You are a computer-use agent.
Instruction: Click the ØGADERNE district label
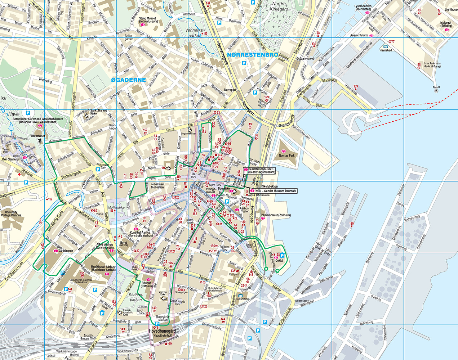click(x=129, y=80)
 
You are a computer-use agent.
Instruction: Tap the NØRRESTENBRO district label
click(x=253, y=55)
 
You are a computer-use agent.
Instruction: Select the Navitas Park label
click(x=286, y=156)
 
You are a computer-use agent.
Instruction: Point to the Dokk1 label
click(x=279, y=261)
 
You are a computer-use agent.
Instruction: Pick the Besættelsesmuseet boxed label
click(x=260, y=171)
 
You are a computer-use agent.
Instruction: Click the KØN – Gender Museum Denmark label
click(x=276, y=191)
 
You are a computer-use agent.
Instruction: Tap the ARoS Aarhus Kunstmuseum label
click(x=105, y=246)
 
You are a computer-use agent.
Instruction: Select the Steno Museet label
click(x=147, y=20)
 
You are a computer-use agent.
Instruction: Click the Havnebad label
click(x=386, y=50)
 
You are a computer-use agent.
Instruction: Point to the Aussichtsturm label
click(x=359, y=36)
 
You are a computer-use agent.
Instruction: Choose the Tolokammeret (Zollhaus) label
click(x=275, y=215)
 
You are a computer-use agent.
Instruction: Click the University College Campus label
click(x=11, y=213)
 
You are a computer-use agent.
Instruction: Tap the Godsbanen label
click(x=66, y=251)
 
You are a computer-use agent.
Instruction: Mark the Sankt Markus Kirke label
click(x=98, y=112)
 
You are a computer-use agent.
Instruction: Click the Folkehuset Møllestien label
click(x=157, y=186)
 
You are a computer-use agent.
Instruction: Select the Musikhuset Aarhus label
click(x=103, y=268)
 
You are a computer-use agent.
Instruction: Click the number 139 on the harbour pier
click(x=356, y=87)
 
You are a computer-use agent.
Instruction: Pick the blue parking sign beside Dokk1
click(x=282, y=255)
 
